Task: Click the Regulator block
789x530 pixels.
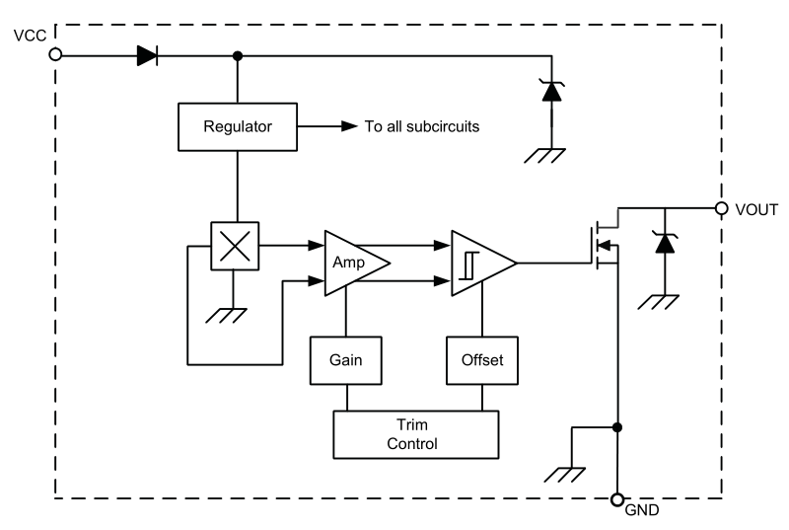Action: coord(238,127)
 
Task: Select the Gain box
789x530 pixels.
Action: coord(346,360)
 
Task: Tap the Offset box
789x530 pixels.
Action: coord(482,360)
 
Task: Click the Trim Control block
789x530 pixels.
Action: coord(415,434)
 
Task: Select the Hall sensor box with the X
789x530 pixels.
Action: coord(235,246)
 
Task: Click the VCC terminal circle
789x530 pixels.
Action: coord(55,54)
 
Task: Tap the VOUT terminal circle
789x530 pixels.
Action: coord(722,208)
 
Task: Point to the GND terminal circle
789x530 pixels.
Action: coord(617,499)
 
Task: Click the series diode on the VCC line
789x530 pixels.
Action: coord(147,55)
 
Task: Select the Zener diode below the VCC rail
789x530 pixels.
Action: coord(551,91)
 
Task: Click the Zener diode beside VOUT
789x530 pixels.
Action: coord(665,243)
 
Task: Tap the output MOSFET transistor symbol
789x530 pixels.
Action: coord(605,245)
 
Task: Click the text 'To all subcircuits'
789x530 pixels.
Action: coord(422,126)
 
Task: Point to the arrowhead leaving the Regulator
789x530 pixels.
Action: coord(349,126)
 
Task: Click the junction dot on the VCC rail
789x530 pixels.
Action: coord(238,56)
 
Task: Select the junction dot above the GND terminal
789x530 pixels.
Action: coord(617,427)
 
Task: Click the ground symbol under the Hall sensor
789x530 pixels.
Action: coord(227,316)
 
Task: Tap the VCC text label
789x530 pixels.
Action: coord(30,36)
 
